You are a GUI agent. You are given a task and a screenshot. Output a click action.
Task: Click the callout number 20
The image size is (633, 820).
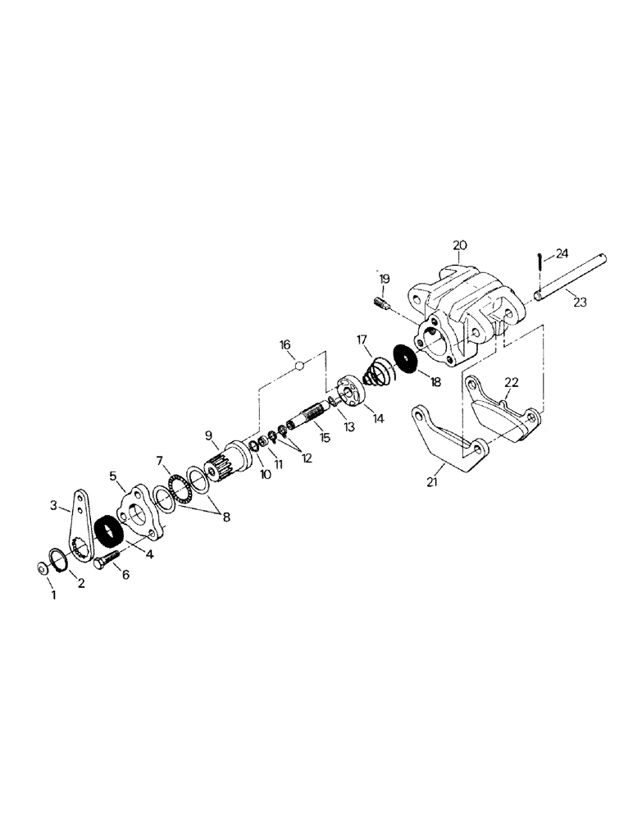pyautogui.click(x=459, y=245)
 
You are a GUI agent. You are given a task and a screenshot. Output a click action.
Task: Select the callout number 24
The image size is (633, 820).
pyautogui.click(x=562, y=254)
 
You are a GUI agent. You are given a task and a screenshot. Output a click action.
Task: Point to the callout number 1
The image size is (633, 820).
pyautogui.click(x=54, y=594)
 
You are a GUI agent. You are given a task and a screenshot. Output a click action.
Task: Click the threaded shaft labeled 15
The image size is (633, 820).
pyautogui.click(x=311, y=418)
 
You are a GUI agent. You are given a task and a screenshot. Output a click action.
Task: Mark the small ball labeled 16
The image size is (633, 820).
pyautogui.click(x=302, y=365)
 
